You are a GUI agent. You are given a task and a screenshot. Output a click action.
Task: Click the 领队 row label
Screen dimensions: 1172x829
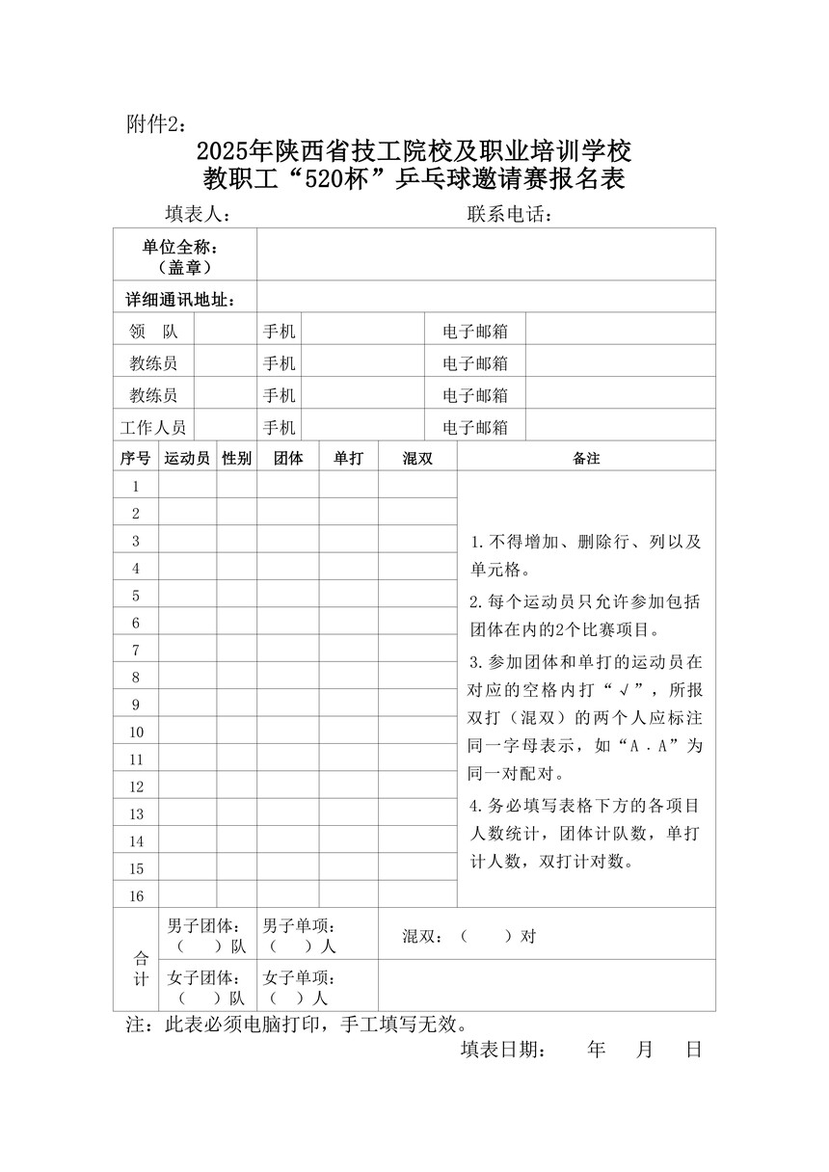click(153, 331)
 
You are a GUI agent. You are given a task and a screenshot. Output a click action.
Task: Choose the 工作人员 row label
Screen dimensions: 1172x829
click(153, 427)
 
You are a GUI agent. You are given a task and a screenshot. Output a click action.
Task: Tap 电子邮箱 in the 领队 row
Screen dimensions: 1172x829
click(475, 332)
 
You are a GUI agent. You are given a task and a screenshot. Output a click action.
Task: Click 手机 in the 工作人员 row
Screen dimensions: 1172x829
click(279, 427)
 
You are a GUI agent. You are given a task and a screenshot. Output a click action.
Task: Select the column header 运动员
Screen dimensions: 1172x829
click(187, 459)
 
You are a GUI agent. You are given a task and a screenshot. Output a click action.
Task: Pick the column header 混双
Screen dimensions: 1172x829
click(416, 459)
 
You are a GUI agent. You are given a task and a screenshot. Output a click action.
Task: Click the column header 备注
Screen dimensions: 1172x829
click(586, 459)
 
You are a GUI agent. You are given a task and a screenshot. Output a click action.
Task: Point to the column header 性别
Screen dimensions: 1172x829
click(236, 459)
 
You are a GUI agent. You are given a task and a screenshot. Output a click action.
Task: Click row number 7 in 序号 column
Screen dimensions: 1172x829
click(136, 651)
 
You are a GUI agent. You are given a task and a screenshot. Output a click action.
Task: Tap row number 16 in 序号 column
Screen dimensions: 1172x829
click(136, 896)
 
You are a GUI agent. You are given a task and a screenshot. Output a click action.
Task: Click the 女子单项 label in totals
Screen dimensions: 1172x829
click(299, 976)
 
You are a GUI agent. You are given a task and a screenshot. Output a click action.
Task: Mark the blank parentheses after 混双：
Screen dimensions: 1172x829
click(485, 936)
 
